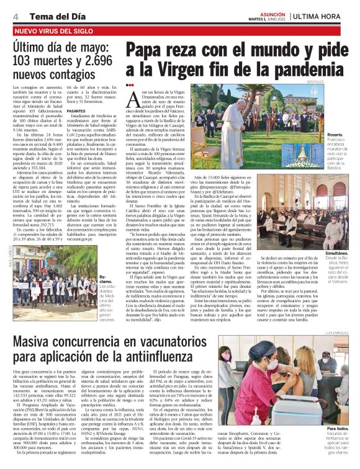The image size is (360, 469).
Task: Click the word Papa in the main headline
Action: (x=152, y=50)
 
